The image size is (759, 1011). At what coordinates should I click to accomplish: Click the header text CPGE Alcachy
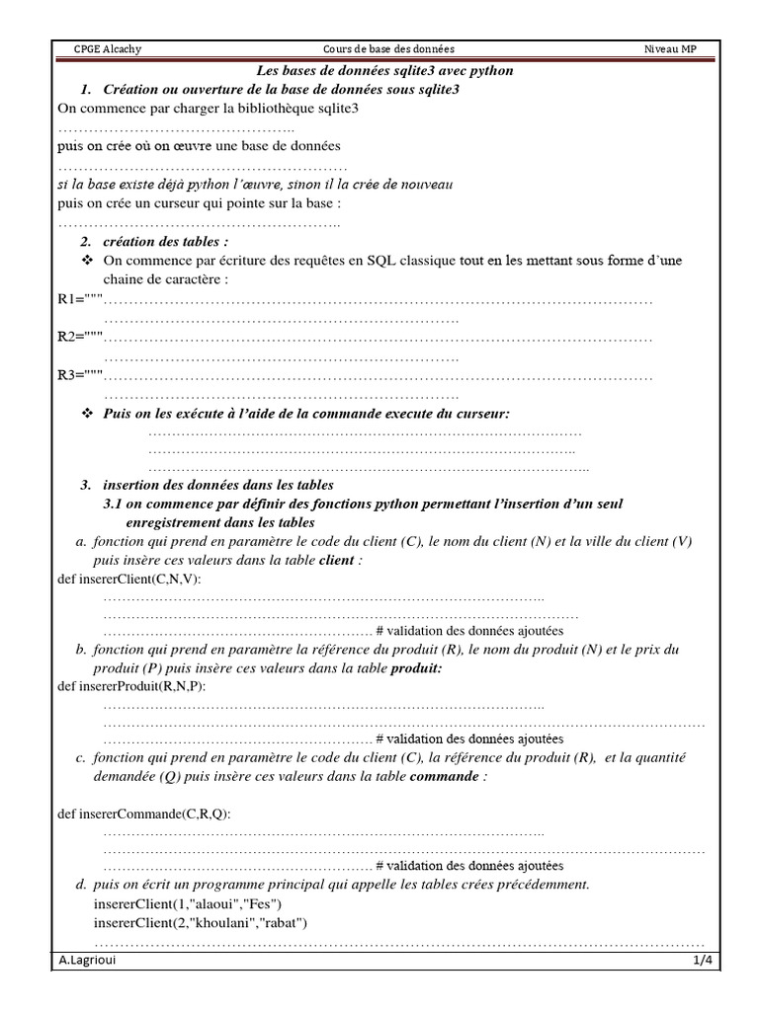pos(108,49)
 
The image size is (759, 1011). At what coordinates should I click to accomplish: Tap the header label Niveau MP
pos(671,49)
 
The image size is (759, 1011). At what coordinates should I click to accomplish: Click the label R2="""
pos(80,338)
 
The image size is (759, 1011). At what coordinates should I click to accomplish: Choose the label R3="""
pos(80,375)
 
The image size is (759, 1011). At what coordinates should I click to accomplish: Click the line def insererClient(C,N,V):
pos(129,579)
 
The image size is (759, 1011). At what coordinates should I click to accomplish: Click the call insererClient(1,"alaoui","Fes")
pos(189,903)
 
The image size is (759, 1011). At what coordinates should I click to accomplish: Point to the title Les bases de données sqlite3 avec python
pos(385,71)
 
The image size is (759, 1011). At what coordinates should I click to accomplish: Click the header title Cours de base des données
pos(389,49)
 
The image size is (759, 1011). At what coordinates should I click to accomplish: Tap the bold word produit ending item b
pos(416,667)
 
